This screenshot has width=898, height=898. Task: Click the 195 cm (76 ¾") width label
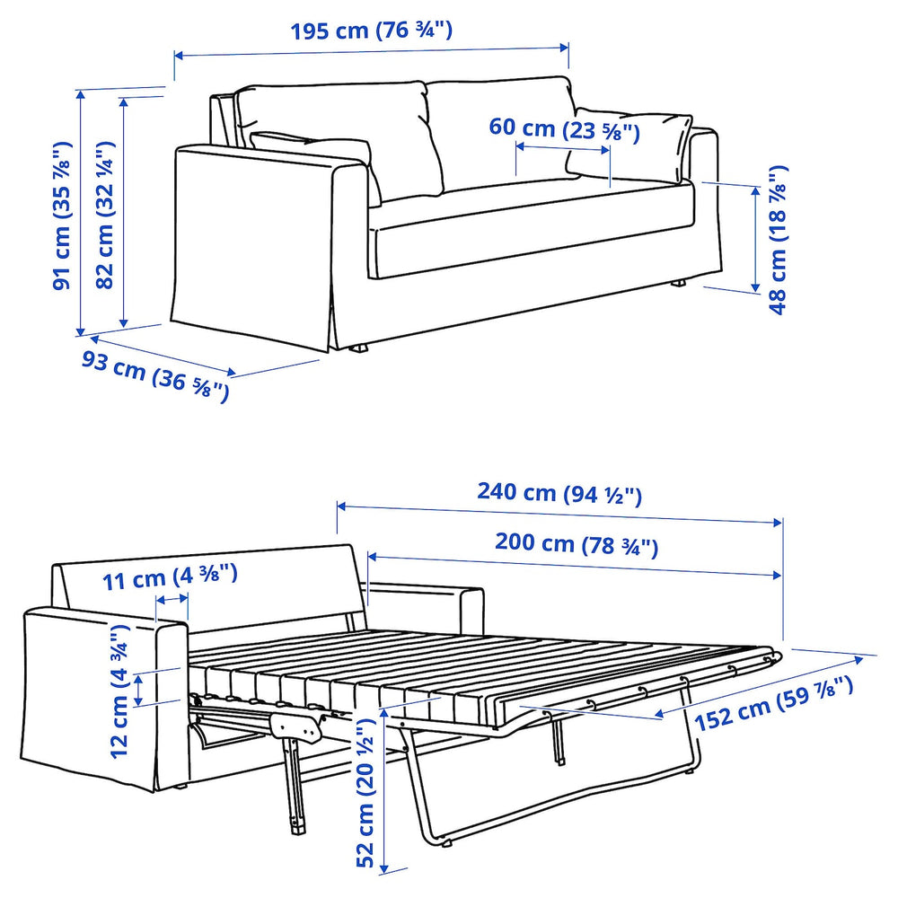(x=371, y=31)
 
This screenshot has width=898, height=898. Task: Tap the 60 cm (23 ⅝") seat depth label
(x=564, y=128)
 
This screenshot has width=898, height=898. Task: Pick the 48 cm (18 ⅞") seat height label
(x=778, y=239)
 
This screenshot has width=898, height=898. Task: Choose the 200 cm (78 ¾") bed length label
(x=577, y=543)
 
